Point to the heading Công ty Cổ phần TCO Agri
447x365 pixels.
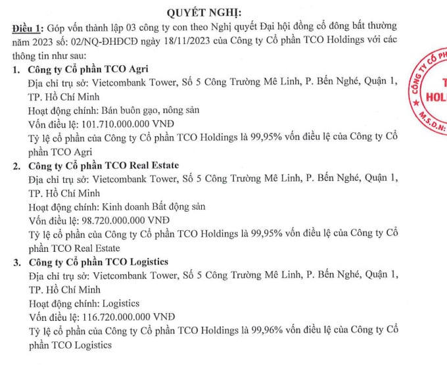[88, 70]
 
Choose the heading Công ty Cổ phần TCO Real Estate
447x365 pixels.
[103, 165]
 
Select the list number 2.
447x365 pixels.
[16, 165]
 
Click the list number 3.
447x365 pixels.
[16, 262]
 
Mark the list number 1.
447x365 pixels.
[16, 70]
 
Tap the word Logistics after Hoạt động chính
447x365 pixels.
[123, 303]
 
